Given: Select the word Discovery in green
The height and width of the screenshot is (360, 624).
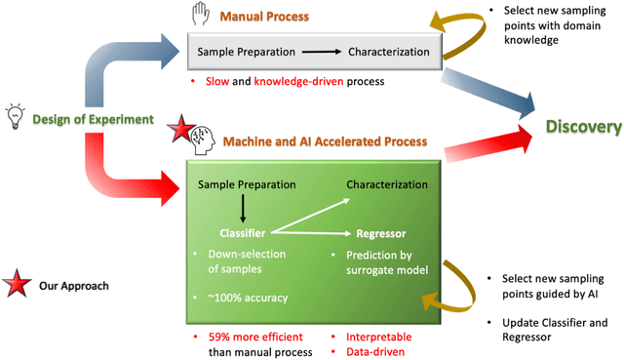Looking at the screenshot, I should (x=583, y=127).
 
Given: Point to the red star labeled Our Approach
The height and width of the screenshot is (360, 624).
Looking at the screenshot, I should (x=17, y=286).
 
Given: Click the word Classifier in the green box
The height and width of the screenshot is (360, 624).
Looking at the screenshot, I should (x=242, y=234).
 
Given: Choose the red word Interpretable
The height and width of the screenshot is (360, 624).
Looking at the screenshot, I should (x=378, y=337).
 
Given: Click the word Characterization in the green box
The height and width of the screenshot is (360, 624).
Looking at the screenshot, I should (x=387, y=184).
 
